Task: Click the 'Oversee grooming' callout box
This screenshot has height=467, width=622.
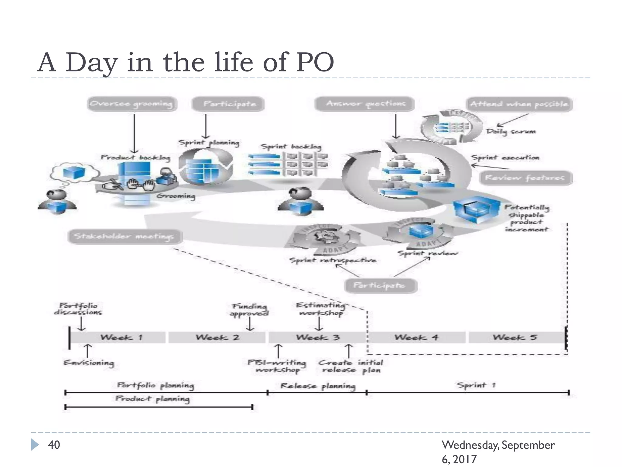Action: point(132,104)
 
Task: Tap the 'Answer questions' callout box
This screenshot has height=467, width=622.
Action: point(365,104)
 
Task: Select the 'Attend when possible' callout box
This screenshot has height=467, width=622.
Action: point(519,104)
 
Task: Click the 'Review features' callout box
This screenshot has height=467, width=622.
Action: point(526,178)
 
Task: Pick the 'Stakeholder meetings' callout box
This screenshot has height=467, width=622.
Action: point(125,237)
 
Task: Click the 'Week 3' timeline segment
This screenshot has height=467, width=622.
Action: point(318,337)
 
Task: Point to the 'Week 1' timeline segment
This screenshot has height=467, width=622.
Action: point(121,337)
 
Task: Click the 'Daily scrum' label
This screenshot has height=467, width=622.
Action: point(511,132)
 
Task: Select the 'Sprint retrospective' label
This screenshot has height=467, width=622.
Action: point(333,260)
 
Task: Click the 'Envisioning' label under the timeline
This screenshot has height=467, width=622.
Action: point(89,363)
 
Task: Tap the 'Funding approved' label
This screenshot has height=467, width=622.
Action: point(249,310)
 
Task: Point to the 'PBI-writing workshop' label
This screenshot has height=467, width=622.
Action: point(277,366)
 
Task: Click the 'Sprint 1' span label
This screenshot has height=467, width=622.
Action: point(476,386)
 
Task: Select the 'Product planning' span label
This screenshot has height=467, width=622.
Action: point(152,399)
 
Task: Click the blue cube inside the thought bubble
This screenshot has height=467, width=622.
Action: point(74,173)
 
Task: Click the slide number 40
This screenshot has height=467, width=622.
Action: point(54,445)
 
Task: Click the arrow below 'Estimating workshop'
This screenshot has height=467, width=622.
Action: point(319,324)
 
